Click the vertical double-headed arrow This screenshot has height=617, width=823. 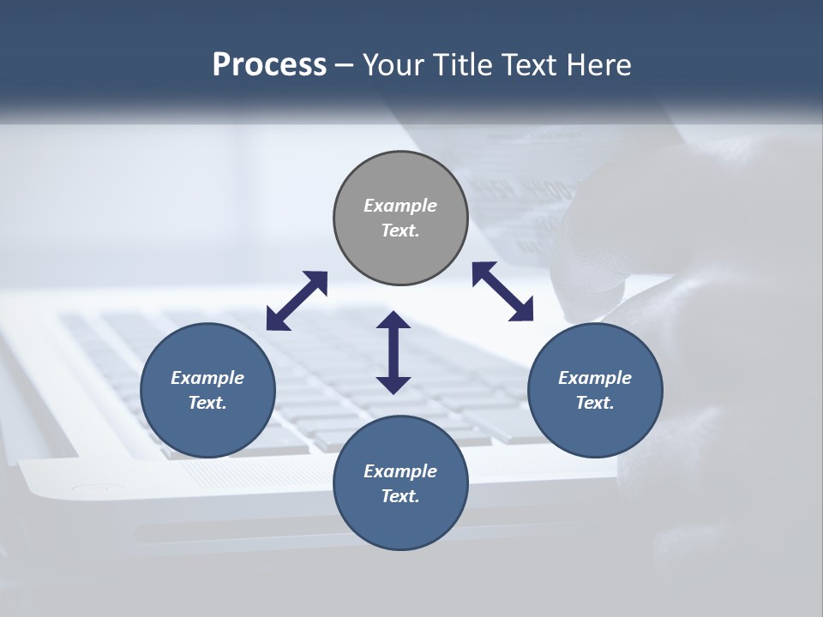(393, 352)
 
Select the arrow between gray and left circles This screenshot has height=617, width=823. (297, 301)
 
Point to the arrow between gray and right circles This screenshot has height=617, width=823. (503, 291)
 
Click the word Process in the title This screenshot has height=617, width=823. (269, 65)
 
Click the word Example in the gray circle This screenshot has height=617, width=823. (400, 206)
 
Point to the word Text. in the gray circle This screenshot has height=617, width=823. (400, 231)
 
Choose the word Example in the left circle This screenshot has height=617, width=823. (207, 378)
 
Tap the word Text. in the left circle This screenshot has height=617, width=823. (207, 403)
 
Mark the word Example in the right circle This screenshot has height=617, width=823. (595, 378)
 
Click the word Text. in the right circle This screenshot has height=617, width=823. (595, 403)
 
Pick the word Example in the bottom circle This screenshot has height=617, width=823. (400, 471)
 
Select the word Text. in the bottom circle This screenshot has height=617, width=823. (400, 496)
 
